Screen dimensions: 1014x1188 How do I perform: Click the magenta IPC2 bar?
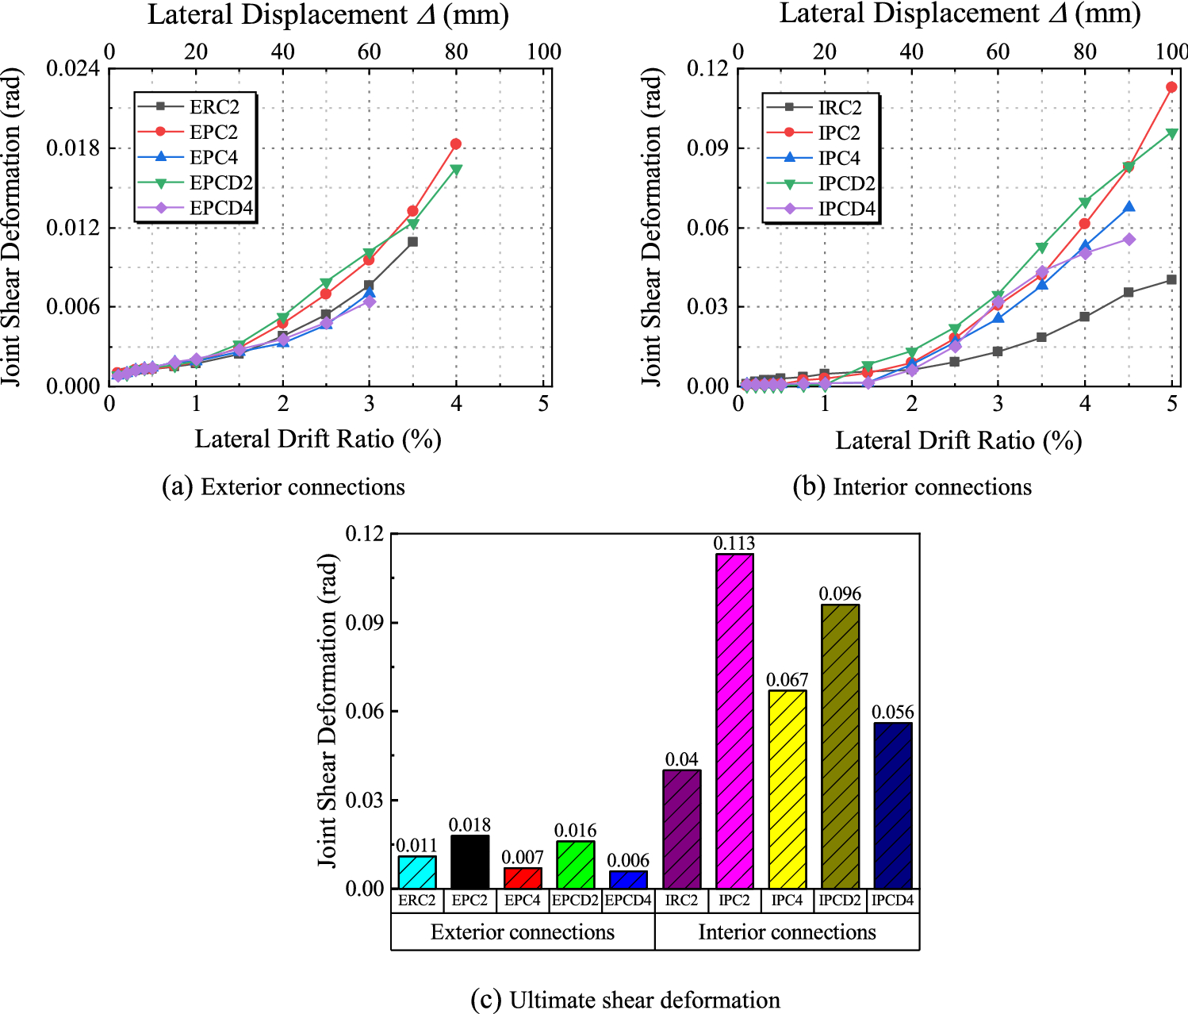click(x=734, y=720)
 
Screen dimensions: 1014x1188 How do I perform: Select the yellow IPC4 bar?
click(x=788, y=789)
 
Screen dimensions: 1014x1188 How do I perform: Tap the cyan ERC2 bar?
click(x=417, y=872)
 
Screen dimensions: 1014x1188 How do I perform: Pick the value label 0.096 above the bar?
click(x=840, y=593)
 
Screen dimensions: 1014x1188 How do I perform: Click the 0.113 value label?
click(x=734, y=543)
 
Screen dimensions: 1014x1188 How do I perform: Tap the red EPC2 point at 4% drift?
click(x=456, y=144)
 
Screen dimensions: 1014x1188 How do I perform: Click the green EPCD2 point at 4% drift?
click(x=456, y=169)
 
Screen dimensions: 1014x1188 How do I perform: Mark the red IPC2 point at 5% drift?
click(x=1171, y=87)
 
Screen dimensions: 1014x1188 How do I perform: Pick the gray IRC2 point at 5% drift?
click(x=1171, y=279)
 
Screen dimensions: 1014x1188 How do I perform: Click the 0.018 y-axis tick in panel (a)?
click(x=73, y=148)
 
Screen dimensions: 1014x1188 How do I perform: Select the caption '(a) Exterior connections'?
click(x=283, y=486)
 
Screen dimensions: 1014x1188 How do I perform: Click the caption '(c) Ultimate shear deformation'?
click(x=625, y=1000)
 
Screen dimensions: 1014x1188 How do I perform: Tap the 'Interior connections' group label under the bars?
click(x=787, y=931)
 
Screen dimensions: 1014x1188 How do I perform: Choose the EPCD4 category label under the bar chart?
click(x=628, y=901)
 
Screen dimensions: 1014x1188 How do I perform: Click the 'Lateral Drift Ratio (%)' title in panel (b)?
click(x=958, y=440)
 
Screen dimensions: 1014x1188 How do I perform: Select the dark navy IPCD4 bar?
click(x=893, y=805)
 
